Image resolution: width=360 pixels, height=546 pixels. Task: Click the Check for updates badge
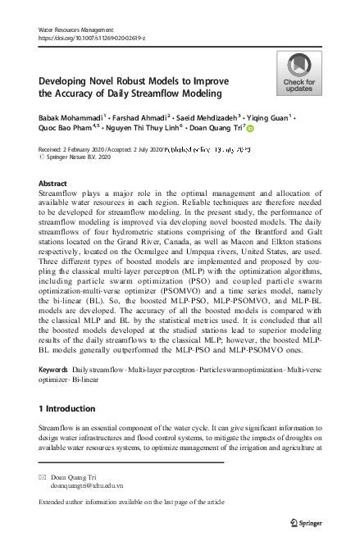pos(298,73)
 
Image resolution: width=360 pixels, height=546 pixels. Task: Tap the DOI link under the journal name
pos(91,38)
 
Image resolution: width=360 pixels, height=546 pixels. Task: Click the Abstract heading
pos(53,184)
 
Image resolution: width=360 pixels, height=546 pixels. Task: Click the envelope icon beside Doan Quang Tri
pos(43,476)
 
